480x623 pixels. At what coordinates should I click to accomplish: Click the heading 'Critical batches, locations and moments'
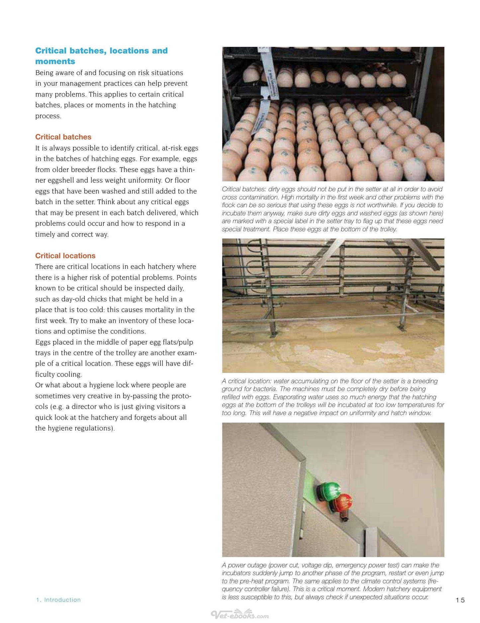pos(101,56)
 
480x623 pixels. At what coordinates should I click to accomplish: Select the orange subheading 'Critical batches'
pos(63,137)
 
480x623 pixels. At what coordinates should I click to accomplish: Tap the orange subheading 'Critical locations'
pos(65,256)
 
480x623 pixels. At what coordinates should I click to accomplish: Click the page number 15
pos(460,600)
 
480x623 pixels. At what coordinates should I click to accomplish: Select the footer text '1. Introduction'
pos(58,600)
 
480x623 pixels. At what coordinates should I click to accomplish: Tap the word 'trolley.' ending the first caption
pos(386,229)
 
